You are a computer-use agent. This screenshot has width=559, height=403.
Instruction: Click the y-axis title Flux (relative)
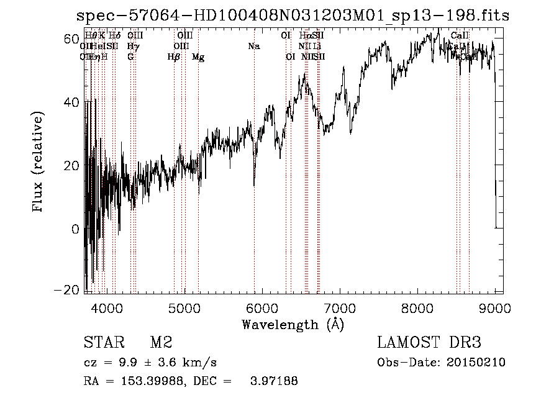39,163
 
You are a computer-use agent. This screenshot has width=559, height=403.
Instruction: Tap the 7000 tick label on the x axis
340,307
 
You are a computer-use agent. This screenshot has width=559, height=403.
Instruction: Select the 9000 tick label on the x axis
495,307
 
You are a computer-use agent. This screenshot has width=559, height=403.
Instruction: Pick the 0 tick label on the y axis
75,229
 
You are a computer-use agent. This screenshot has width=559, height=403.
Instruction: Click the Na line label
253,46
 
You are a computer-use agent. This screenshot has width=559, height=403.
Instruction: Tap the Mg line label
198,57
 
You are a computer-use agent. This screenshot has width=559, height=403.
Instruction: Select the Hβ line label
174,57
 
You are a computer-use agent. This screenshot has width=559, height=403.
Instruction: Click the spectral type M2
161,343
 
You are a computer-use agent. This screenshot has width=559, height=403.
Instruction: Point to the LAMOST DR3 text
429,343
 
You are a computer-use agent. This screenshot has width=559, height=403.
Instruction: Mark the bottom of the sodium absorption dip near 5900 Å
254,184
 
